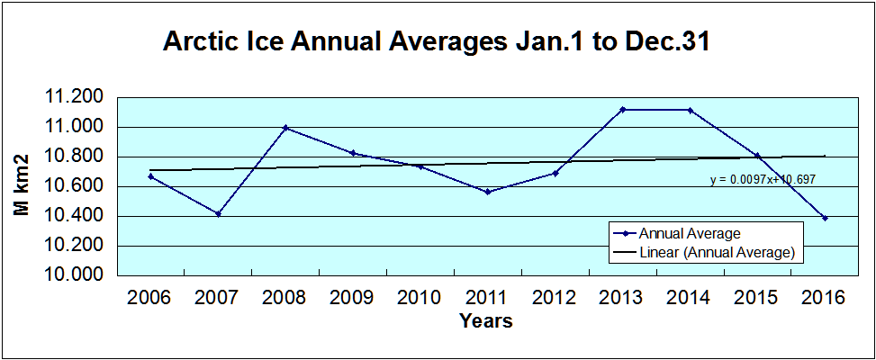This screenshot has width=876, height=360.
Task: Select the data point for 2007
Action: tap(218, 213)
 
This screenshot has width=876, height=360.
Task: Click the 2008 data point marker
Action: tap(285, 128)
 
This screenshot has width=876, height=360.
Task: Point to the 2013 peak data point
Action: tap(622, 109)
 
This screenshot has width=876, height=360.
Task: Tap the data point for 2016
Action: tap(825, 218)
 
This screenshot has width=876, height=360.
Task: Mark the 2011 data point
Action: tap(487, 192)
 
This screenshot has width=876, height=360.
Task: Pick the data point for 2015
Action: tap(757, 156)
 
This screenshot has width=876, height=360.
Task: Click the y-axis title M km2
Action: tap(23, 184)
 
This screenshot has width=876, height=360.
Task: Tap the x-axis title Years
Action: tap(485, 321)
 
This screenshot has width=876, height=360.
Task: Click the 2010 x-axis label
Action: tap(420, 298)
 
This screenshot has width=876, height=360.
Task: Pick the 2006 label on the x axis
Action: tap(150, 298)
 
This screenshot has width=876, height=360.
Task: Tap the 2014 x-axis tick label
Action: tap(689, 298)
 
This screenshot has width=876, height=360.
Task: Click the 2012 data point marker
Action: tap(555, 173)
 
